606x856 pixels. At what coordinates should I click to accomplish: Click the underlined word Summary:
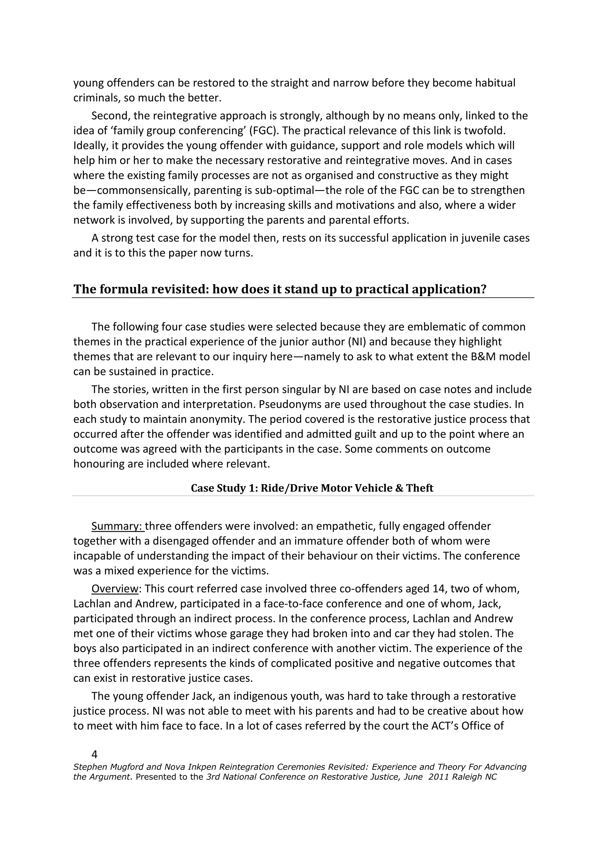117,526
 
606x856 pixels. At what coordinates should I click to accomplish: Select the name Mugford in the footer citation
123,767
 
